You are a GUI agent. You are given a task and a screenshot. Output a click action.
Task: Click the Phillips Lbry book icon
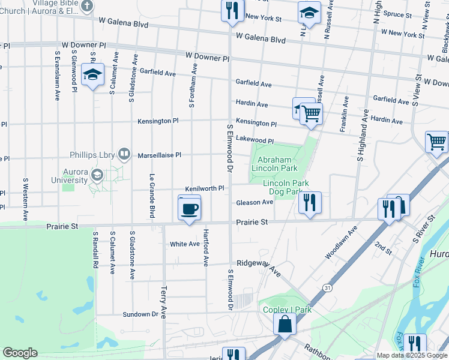(x=124, y=154)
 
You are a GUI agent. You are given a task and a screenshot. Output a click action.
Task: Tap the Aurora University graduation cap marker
(x=97, y=175)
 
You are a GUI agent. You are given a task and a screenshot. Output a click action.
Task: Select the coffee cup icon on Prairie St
(x=190, y=209)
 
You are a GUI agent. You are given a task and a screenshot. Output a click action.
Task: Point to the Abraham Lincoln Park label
(x=277, y=164)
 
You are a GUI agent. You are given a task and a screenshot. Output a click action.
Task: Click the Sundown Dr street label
(x=140, y=314)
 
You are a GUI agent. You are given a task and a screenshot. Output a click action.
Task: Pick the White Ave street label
(x=184, y=244)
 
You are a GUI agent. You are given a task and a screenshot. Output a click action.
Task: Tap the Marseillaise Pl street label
(x=159, y=155)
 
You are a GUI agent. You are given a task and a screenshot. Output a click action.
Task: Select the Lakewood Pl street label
(x=255, y=140)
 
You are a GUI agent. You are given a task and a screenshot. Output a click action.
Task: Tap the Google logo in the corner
(x=20, y=353)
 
